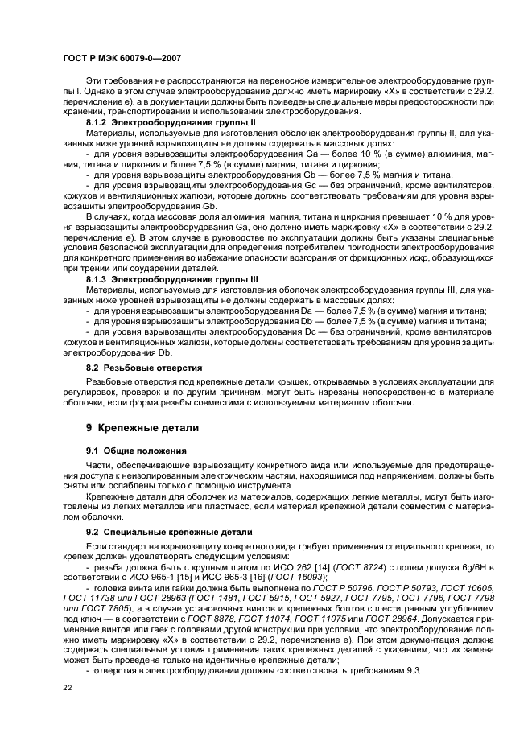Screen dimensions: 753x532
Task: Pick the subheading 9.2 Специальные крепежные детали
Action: click(x=169, y=532)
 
